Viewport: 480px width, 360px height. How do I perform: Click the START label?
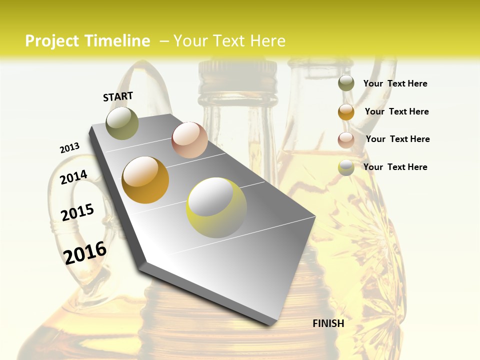[118, 96]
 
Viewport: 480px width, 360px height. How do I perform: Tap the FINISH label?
[328, 323]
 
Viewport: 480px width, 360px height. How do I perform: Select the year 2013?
[70, 148]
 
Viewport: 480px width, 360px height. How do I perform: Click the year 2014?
[73, 177]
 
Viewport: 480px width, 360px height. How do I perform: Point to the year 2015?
[77, 212]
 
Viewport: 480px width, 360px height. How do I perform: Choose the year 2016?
[85, 252]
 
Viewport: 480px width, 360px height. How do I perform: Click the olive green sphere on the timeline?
[122, 123]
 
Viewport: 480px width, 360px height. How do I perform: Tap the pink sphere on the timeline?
[189, 140]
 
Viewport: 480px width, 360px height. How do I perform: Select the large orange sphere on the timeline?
[145, 180]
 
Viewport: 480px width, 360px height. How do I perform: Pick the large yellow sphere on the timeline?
[216, 207]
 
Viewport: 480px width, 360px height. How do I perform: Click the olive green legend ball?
[346, 83]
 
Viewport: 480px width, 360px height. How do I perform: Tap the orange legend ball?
[346, 111]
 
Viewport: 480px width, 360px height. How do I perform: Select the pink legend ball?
[346, 139]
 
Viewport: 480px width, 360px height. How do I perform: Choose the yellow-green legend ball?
[346, 167]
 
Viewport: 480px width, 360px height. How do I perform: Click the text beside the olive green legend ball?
[395, 83]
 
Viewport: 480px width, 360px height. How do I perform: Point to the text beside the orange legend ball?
[396, 111]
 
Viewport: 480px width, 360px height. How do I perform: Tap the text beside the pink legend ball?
[397, 139]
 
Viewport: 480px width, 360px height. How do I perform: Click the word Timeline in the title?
[117, 41]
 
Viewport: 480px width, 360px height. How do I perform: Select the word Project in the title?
[52, 41]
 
